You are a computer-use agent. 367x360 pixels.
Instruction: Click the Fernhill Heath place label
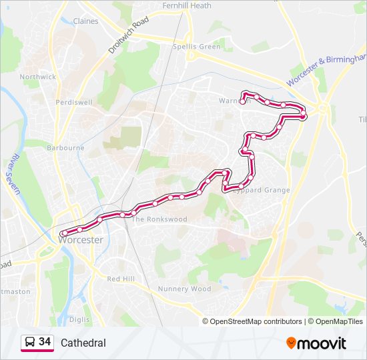[187, 6]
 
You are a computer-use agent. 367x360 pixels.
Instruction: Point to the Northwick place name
[38, 77]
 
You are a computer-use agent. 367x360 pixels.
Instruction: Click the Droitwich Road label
[126, 36]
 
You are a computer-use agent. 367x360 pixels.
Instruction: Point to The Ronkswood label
[159, 219]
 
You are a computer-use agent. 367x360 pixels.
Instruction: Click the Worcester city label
[81, 240]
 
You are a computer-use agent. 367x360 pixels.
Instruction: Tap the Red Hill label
[121, 278]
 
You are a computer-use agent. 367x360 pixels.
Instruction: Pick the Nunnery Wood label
[184, 289]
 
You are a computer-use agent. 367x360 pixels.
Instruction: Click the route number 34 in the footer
[45, 342]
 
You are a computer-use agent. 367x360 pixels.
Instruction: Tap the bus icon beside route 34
[29, 342]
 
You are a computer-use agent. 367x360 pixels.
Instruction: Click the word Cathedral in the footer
[83, 343]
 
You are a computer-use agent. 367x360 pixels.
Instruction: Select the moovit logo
[316, 343]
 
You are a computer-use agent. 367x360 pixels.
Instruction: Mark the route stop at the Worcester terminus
[63, 233]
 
